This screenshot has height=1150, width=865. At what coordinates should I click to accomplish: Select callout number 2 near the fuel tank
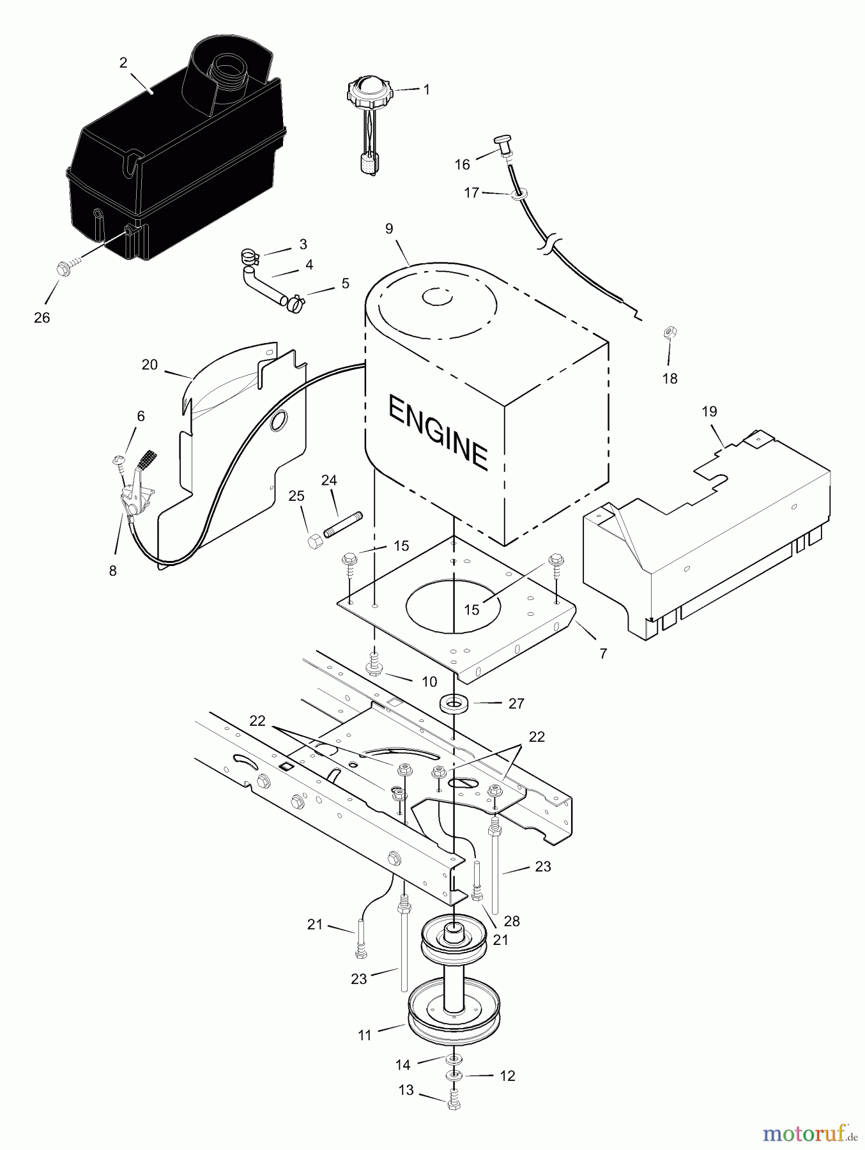[123, 63]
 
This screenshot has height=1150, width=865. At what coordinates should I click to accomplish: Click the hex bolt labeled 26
[64, 268]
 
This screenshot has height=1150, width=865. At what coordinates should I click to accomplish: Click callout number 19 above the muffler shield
[709, 411]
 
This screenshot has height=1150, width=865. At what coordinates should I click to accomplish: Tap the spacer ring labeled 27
[454, 703]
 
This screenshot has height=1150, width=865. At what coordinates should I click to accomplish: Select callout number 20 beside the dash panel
[149, 365]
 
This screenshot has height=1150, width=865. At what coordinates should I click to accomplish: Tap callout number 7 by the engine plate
[603, 654]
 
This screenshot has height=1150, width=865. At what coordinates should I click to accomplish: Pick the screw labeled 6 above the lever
[118, 461]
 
